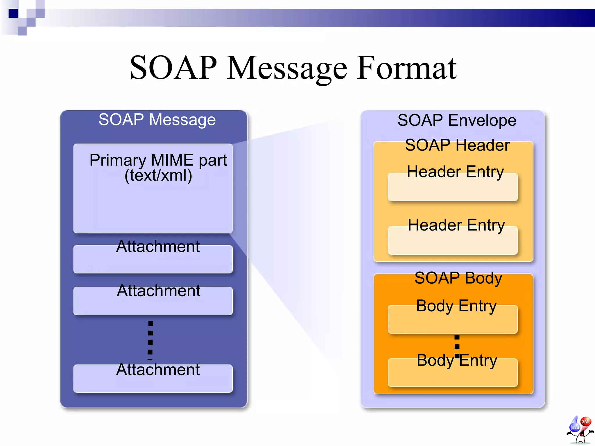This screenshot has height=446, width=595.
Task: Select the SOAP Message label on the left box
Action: pos(157,120)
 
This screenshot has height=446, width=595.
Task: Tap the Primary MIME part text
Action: pos(158,160)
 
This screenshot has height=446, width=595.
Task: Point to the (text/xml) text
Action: pos(158,175)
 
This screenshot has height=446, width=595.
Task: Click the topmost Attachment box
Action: pos(153,259)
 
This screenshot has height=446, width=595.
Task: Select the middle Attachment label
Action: pos(158,291)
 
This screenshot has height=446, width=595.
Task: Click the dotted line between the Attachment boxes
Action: pos(150,338)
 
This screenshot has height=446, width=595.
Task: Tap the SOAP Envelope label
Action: pos(457,120)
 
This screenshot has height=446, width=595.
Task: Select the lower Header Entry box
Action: pos(453,240)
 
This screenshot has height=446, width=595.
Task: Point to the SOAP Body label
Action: pos(458,278)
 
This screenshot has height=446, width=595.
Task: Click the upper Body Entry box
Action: pos(453,319)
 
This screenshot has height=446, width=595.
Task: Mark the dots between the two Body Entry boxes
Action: pos(457,346)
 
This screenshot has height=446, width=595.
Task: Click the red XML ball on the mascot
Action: pos(585,421)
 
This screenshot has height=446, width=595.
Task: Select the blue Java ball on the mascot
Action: pos(574,427)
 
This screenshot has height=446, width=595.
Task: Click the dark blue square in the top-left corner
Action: pos(13,13)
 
